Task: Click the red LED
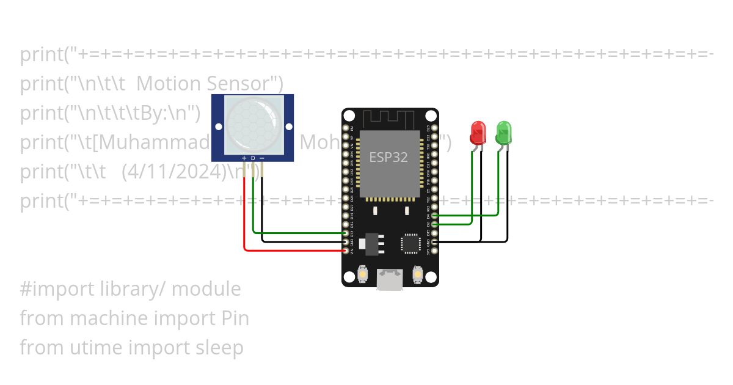click(x=478, y=132)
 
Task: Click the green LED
click(x=503, y=132)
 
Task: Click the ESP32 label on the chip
click(x=388, y=157)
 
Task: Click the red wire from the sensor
click(x=245, y=214)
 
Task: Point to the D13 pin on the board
click(x=346, y=233)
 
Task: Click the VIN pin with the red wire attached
click(x=346, y=250)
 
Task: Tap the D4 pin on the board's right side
click(x=434, y=216)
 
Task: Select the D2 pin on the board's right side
click(x=434, y=224)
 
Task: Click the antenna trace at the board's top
click(x=390, y=118)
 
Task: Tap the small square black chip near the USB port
click(x=410, y=244)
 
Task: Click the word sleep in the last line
click(x=219, y=348)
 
